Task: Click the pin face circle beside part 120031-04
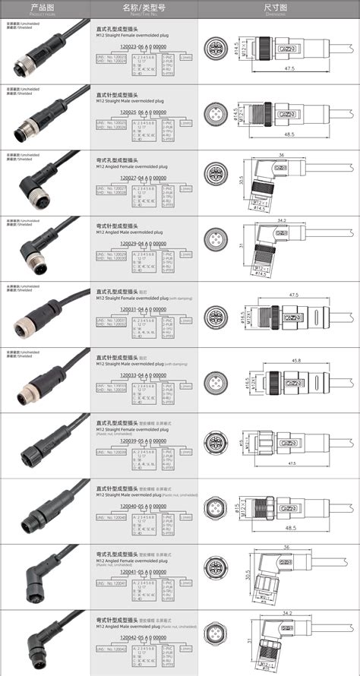click(x=217, y=314)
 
